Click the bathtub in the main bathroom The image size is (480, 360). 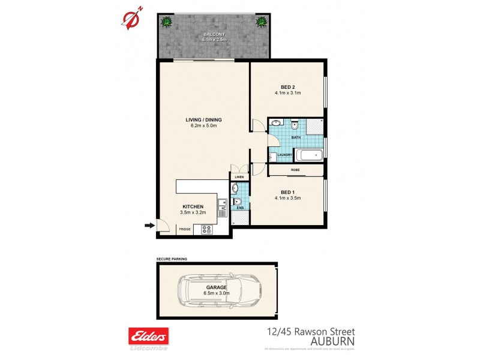click(310, 157)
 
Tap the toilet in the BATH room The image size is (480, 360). click(294, 126)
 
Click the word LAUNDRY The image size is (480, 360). click(284, 155)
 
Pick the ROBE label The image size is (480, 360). click(295, 170)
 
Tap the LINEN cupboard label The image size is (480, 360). click(239, 177)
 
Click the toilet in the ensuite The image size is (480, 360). click(236, 202)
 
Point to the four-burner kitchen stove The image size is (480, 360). click(207, 229)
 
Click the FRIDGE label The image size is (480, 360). click(185, 229)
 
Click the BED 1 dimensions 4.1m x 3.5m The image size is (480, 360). click(287, 198)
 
